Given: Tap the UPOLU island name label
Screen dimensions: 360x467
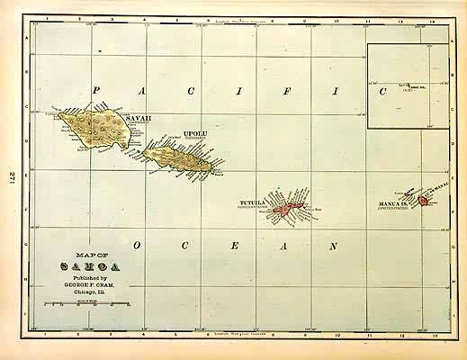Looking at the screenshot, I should point(195,134).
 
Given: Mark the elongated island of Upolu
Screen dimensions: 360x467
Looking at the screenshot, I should point(177,159).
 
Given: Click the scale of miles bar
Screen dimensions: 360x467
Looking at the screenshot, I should point(90,306).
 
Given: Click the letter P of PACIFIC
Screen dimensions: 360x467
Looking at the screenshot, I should point(96,90).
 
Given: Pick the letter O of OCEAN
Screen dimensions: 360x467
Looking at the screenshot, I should point(137,245).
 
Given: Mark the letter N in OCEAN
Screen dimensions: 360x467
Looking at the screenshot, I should point(332,245).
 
